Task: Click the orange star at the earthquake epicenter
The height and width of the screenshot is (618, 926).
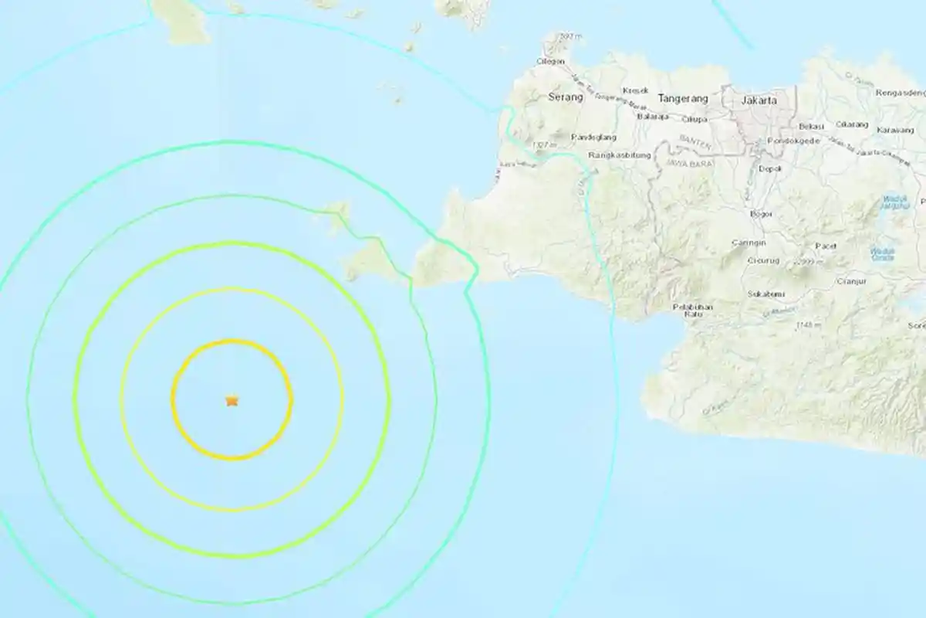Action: pyautogui.click(x=231, y=400)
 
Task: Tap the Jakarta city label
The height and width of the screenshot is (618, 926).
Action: pyautogui.click(x=756, y=100)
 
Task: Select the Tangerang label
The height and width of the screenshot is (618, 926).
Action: pyautogui.click(x=682, y=99)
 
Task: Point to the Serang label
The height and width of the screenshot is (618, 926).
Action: pyautogui.click(x=563, y=97)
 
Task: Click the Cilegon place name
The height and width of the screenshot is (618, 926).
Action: pyautogui.click(x=551, y=62)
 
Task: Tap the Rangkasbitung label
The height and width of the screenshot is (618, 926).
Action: pyautogui.click(x=620, y=155)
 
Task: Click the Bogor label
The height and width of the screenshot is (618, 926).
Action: pyautogui.click(x=761, y=213)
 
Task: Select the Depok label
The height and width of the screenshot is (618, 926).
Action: pyautogui.click(x=771, y=168)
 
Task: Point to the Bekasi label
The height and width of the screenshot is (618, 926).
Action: pyautogui.click(x=812, y=126)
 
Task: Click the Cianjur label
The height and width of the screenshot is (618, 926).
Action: pyautogui.click(x=850, y=281)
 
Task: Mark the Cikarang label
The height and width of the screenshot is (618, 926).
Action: pyautogui.click(x=852, y=124)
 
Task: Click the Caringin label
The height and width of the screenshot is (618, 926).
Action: pyautogui.click(x=748, y=243)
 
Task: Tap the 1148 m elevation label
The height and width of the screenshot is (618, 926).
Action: pyautogui.click(x=807, y=324)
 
